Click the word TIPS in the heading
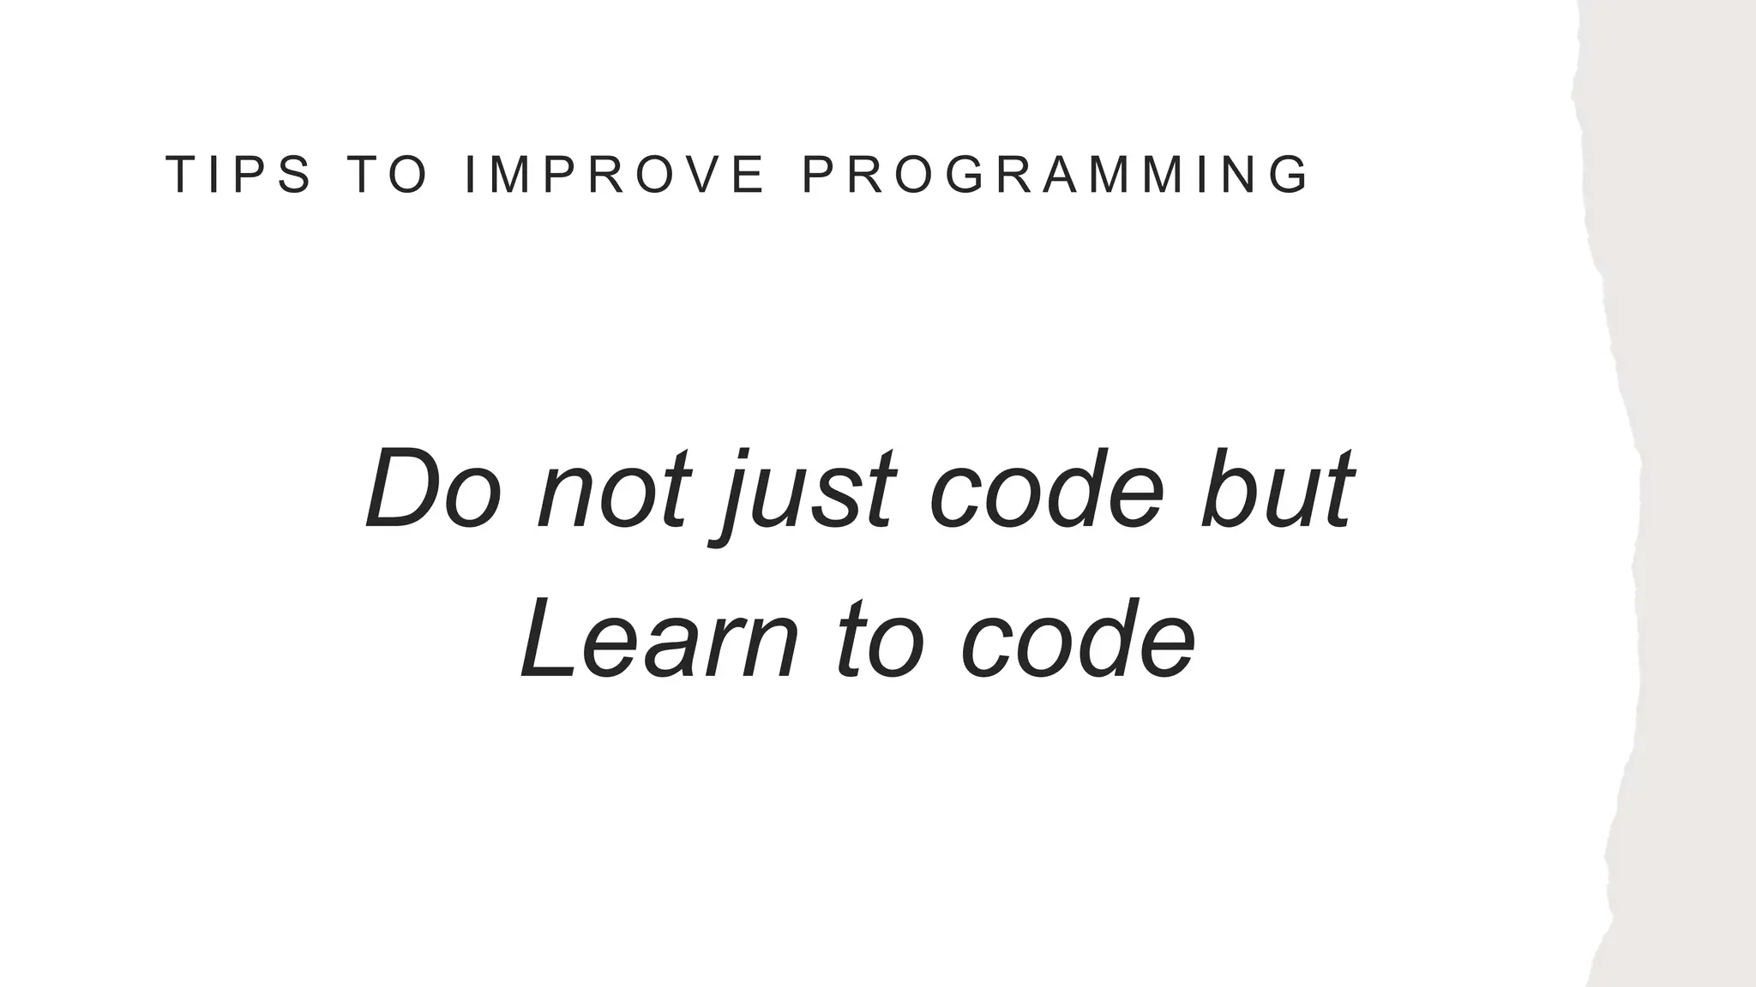[238, 175]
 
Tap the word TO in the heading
[389, 175]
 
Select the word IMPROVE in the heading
[613, 175]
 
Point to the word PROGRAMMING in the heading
[1055, 175]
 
